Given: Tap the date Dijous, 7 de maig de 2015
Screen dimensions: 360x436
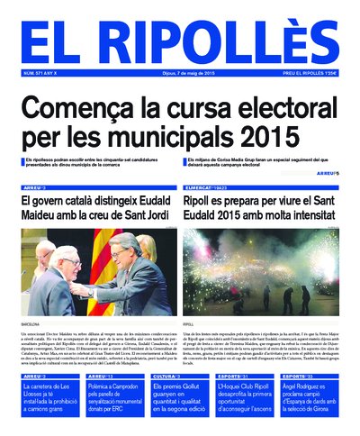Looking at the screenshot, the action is click(180, 74).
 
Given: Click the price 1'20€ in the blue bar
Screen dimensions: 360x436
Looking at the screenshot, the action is click(328, 74).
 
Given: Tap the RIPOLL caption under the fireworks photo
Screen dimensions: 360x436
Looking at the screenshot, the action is click(190, 322).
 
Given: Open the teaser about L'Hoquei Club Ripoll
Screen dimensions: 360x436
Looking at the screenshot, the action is click(247, 400).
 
